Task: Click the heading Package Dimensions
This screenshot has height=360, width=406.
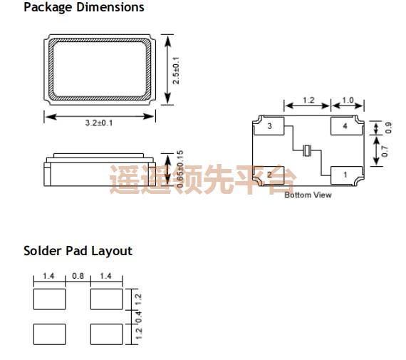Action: tap(83, 7)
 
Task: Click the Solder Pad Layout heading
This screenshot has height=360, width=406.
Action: tap(78, 251)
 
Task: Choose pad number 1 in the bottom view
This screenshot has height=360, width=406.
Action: tap(345, 174)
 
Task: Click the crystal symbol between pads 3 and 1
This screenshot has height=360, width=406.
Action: tap(308, 150)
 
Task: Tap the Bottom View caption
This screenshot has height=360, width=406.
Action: tap(308, 195)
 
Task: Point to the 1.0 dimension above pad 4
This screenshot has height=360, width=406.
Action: tap(348, 101)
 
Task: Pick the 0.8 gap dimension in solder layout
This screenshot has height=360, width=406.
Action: tap(78, 276)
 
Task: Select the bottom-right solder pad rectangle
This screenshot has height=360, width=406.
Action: tap(106, 333)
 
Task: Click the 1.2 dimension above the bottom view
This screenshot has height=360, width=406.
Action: tap(308, 101)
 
